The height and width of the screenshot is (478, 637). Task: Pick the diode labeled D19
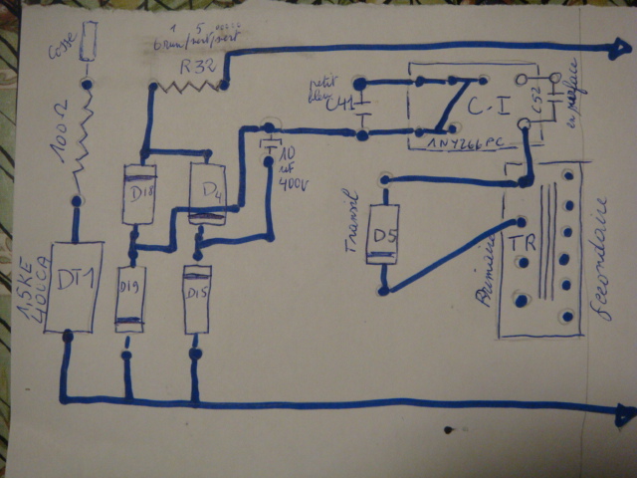tap(128, 296)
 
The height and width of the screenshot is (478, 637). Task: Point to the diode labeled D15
tap(196, 298)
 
